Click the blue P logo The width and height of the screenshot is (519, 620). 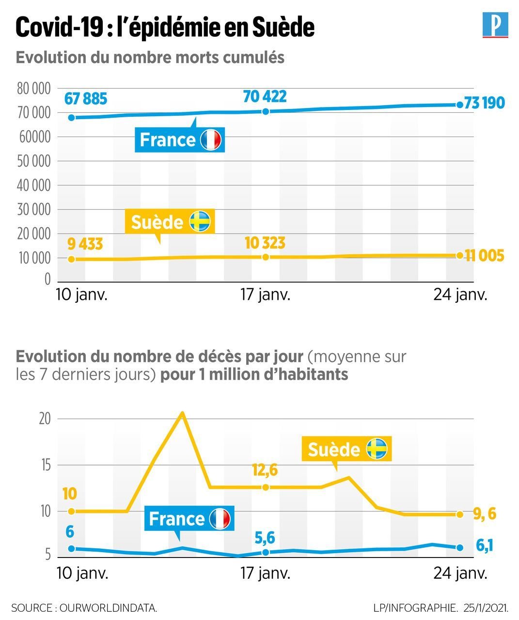click(495, 26)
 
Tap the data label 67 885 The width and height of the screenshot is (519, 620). click(86, 99)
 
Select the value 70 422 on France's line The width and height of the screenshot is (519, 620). click(265, 96)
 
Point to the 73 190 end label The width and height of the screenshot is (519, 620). click(484, 103)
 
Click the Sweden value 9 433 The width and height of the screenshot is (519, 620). click(85, 244)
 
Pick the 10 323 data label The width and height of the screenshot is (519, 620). click(265, 243)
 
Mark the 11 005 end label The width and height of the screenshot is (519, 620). click(484, 256)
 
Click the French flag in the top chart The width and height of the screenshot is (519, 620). click(210, 140)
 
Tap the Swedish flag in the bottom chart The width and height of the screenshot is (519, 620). click(377, 449)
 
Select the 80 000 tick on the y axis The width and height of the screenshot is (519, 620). click(34, 89)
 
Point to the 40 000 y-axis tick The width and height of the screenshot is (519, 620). click(34, 186)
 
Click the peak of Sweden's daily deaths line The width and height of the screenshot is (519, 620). click(182, 413)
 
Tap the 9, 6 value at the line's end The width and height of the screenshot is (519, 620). click(485, 514)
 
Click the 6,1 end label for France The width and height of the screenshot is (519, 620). click(485, 545)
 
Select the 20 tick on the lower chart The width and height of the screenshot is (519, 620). click(45, 419)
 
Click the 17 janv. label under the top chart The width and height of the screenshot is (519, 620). click(266, 294)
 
